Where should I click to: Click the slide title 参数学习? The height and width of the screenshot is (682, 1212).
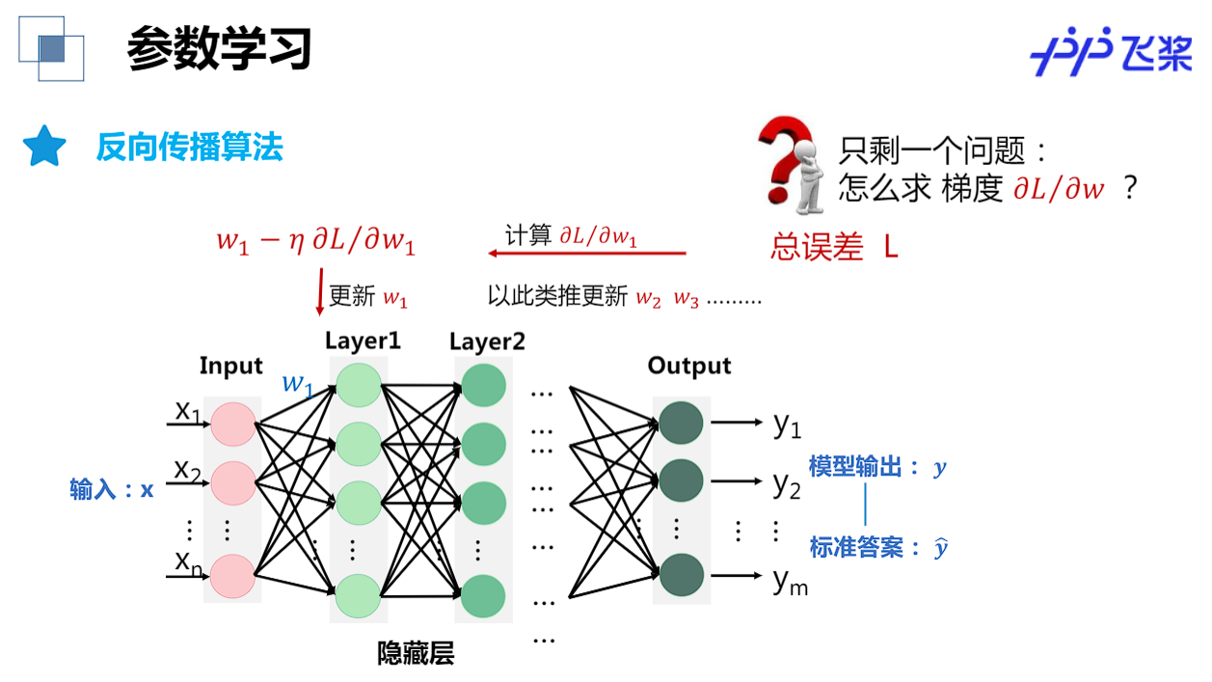219,49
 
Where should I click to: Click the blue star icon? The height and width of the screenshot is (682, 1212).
44,147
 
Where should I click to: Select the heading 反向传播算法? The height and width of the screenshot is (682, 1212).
189,148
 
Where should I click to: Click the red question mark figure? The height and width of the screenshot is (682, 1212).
790,164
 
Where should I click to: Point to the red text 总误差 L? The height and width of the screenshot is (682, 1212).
835,247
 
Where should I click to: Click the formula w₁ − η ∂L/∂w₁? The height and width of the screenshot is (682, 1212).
315,241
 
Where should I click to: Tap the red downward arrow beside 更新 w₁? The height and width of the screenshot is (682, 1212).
320,291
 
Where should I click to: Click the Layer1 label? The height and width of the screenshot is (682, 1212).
363,341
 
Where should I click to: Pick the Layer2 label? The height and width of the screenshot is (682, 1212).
487,341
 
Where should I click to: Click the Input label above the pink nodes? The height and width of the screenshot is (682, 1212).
230,366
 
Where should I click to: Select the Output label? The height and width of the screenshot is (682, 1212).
688,366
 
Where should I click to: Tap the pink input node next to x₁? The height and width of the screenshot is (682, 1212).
232,424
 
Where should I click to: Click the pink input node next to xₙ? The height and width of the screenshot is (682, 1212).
232,576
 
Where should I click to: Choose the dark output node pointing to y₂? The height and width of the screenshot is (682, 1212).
681,479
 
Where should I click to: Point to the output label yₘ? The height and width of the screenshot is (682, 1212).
790,581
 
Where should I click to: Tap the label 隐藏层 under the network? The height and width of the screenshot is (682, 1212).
416,654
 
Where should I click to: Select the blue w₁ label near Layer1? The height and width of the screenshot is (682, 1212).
297,384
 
